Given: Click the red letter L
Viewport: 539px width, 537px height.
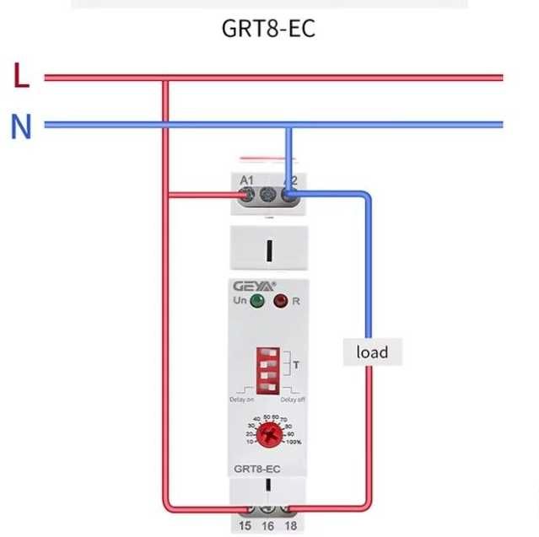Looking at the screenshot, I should click(22, 78).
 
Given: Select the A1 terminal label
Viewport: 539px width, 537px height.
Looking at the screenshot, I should click(247, 180).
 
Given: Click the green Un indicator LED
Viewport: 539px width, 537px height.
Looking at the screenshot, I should click(256, 301).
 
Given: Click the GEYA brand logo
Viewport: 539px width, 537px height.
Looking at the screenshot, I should click(253, 284).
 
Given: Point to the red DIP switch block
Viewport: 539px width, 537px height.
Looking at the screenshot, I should click(268, 364).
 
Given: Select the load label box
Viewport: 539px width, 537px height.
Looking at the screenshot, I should click(372, 351).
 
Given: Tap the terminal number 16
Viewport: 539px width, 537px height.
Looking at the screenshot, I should click(267, 526).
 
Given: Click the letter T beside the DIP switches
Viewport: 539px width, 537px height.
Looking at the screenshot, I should click(296, 364).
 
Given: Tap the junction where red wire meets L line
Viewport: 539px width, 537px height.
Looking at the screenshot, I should click(166, 78).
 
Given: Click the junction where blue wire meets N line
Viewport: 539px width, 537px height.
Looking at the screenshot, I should click(288, 126).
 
